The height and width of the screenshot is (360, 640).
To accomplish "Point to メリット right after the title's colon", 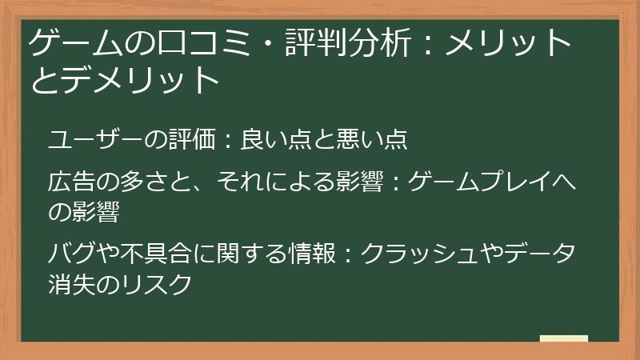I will [508, 43].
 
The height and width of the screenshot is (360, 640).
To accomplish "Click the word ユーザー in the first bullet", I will [90, 139].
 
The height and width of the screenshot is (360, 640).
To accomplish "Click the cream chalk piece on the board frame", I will [563, 339].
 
